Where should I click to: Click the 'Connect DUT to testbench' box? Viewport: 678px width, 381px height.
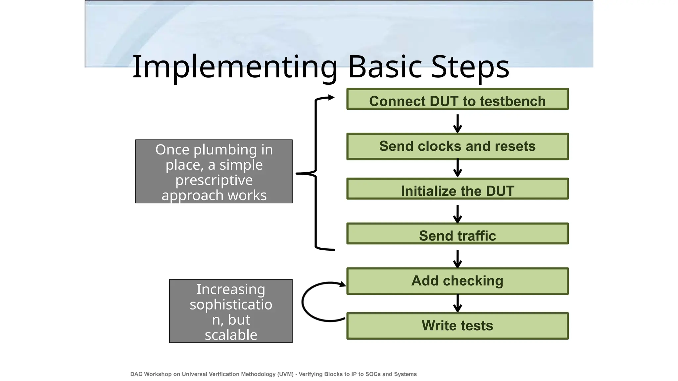[457, 99]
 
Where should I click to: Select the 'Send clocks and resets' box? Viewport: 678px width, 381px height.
[457, 147]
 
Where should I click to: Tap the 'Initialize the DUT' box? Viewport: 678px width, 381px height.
[457, 189]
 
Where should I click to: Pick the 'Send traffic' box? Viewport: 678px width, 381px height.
[457, 234]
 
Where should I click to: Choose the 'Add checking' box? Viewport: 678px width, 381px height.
[457, 281]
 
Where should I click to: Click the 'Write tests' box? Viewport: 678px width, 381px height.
[457, 326]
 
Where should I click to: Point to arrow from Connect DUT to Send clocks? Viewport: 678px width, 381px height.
[457, 123]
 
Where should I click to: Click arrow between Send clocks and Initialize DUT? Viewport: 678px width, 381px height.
[457, 168]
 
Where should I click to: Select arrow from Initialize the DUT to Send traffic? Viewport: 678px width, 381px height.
[457, 214]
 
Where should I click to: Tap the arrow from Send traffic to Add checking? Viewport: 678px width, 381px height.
[457, 259]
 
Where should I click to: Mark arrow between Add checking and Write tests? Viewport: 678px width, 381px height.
[457, 303]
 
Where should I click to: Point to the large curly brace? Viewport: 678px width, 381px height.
[316, 173]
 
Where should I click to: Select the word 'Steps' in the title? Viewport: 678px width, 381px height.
[470, 67]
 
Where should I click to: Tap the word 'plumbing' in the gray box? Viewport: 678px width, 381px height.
[225, 150]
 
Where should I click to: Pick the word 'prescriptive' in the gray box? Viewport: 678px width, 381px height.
[214, 180]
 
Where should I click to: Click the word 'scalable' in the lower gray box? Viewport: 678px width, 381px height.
[231, 335]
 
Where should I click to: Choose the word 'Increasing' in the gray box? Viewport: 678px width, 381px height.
[231, 289]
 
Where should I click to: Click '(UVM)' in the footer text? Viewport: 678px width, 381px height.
[285, 374]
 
